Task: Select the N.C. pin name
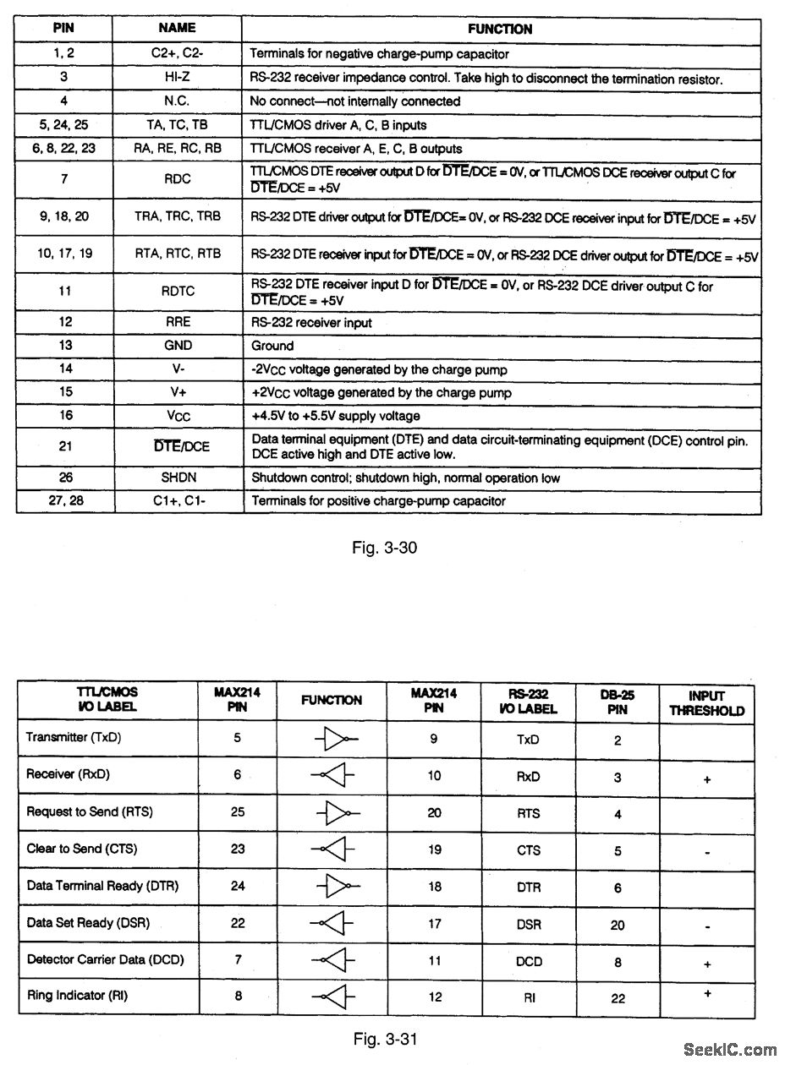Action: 178,101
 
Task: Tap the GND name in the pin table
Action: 178,345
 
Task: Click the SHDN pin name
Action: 178,478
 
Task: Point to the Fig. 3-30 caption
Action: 384,547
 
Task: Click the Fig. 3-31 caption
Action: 384,1036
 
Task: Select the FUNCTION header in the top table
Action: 500,29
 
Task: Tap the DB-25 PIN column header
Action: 618,702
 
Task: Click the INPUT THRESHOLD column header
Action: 706,703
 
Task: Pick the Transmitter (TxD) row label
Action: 74,737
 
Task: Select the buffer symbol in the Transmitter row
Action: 336,740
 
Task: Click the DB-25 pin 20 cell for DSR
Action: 618,926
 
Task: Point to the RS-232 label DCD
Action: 529,961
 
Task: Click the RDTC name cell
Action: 178,291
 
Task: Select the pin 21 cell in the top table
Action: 65,446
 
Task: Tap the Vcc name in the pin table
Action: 178,416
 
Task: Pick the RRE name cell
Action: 178,322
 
